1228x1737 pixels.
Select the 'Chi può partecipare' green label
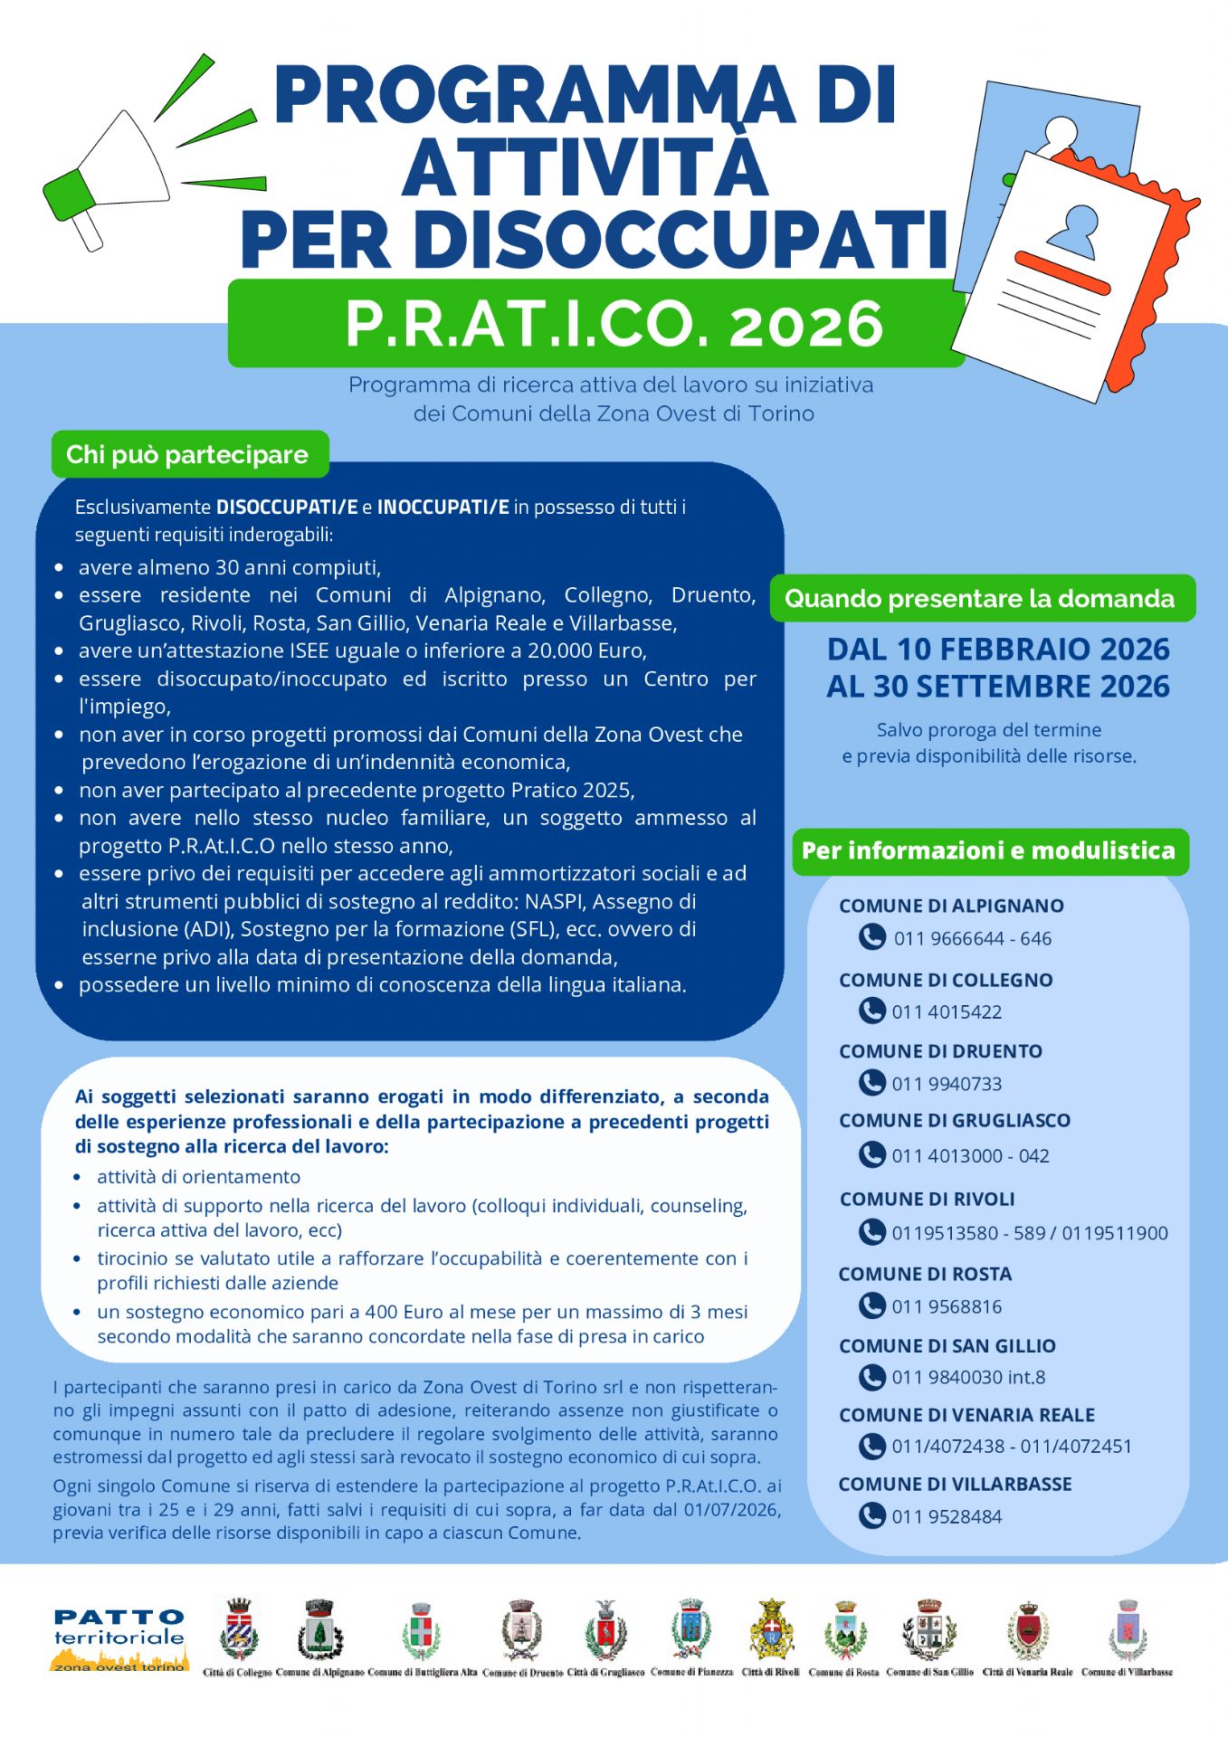(188, 454)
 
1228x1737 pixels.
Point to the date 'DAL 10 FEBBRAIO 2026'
(998, 649)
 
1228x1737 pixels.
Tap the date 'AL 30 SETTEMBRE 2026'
(998, 686)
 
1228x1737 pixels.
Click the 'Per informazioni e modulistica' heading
(989, 850)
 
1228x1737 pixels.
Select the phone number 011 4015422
(947, 1011)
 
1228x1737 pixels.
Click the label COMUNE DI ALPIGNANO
(951, 906)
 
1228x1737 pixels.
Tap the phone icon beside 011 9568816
(871, 1305)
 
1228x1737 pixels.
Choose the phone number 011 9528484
(947, 1516)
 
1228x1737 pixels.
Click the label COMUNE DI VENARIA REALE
(966, 1415)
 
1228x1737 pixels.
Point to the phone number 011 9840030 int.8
(968, 1377)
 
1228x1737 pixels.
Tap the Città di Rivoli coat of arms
(771, 1630)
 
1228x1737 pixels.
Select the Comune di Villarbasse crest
(1127, 1630)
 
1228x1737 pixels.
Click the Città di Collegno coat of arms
(238, 1630)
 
